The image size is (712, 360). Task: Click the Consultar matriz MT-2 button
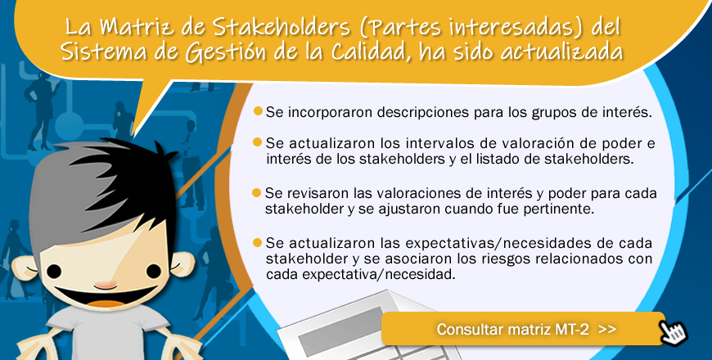click(523, 329)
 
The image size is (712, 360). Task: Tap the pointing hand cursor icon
click(674, 333)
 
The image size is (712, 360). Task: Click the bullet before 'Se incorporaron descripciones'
click(258, 110)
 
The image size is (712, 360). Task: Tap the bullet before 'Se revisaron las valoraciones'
click(256, 193)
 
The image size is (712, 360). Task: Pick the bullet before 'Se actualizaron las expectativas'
click(258, 243)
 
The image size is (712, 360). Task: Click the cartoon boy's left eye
click(54, 272)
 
